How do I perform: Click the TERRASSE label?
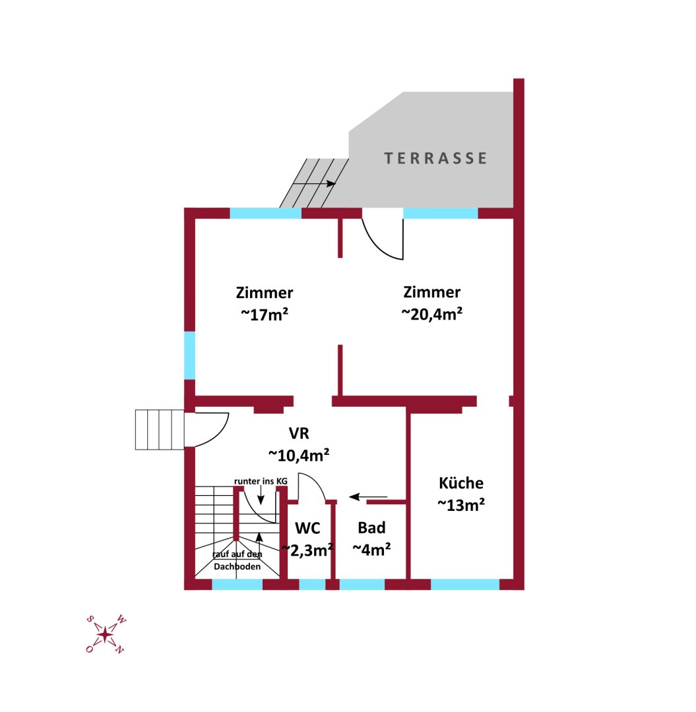(436, 158)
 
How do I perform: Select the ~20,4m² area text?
(431, 314)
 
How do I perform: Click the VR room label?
(299, 433)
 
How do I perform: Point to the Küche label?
(461, 483)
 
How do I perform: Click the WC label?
(307, 528)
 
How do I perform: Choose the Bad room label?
(371, 528)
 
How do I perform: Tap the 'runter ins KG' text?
(261, 482)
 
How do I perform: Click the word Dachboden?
(237, 567)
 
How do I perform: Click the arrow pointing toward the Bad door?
(368, 497)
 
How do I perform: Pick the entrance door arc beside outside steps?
(215, 430)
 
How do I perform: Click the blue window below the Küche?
(464, 584)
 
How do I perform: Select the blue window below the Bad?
(362, 584)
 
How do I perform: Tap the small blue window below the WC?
(312, 584)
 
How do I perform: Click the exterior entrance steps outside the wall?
(158, 430)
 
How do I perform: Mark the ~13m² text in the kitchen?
(461, 505)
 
